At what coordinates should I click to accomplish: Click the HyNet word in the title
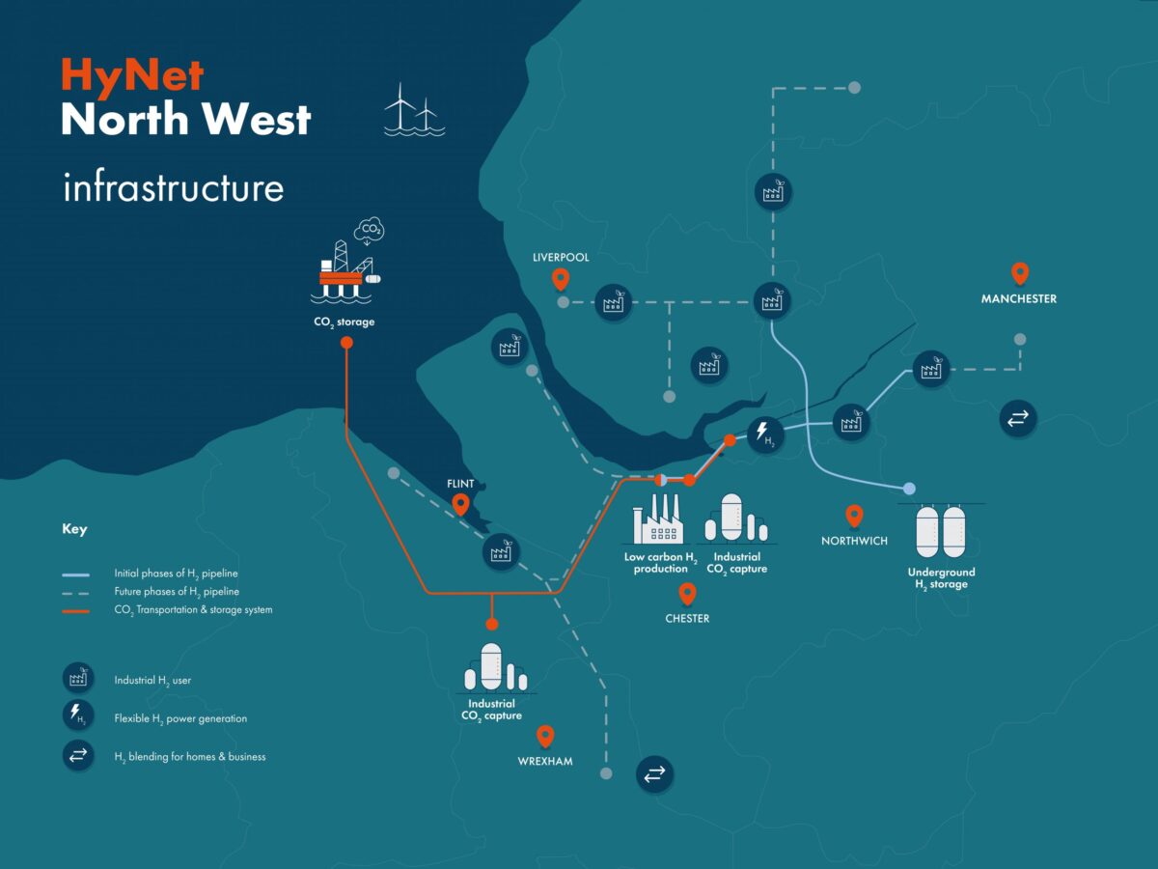133,75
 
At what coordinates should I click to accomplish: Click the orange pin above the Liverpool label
560,280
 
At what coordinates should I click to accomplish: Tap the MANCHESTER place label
1019,299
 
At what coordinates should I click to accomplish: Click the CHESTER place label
687,619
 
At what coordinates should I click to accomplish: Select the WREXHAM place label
545,762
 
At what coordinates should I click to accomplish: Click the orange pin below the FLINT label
461,504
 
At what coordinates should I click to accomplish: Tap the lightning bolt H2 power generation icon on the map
763,434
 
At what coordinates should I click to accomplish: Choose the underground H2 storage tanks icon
941,531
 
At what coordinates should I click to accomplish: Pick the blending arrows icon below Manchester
1017,418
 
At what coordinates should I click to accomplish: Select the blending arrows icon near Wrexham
653,773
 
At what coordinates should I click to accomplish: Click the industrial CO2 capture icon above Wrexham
491,668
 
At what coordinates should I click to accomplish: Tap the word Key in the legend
74,529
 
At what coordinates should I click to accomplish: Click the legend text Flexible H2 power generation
180,718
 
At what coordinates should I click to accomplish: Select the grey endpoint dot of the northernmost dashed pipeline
854,88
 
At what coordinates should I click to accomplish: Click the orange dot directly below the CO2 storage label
346,343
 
